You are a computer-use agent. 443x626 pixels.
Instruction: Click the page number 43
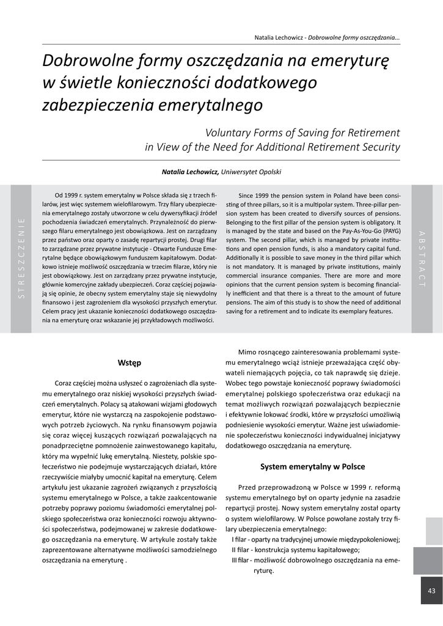point(431,591)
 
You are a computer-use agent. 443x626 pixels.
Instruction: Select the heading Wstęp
point(130,363)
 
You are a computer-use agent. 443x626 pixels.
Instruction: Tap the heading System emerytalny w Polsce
point(312,466)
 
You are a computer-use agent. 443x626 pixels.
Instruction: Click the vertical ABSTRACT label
point(421,259)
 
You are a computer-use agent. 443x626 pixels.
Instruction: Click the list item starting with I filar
point(315,539)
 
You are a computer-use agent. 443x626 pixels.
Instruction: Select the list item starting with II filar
point(295,550)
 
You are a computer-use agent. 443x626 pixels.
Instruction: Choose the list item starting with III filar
point(315,560)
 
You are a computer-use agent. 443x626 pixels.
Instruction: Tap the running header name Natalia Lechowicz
point(280,38)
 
